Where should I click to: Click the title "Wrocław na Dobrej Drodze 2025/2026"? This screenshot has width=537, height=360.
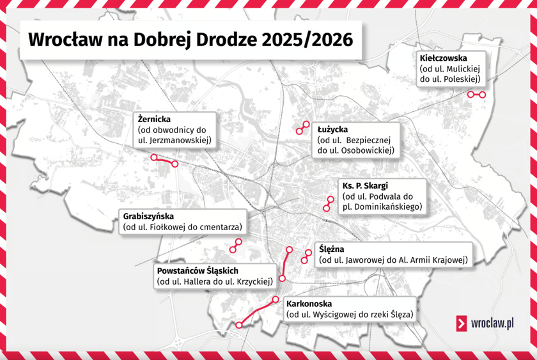(191, 39)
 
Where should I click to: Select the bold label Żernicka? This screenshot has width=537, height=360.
(154, 118)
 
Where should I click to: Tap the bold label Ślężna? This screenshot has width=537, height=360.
(331, 249)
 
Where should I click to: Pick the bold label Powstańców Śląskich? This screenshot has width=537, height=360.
(197, 270)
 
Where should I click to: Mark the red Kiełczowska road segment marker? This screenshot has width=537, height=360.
(476, 95)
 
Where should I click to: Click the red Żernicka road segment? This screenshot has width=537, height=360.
(164, 160)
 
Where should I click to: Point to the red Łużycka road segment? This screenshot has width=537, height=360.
(302, 127)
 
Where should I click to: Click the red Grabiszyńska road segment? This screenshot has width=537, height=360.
(236, 246)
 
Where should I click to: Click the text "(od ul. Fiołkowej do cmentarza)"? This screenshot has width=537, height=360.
(182, 227)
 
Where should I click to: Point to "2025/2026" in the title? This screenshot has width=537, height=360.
(307, 39)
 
